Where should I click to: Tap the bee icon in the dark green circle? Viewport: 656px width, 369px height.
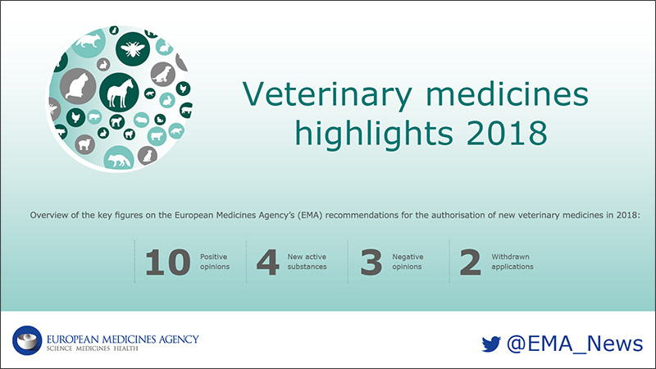[x=133, y=49]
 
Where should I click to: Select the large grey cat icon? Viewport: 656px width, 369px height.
[x=77, y=87]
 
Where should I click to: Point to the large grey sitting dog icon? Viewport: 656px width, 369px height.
[x=162, y=74]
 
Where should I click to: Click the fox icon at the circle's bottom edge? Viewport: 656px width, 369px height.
[x=119, y=159]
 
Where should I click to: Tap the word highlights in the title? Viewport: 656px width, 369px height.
[x=374, y=134]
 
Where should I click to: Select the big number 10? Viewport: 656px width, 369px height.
[x=168, y=262]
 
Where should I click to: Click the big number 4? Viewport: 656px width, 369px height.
[x=268, y=262]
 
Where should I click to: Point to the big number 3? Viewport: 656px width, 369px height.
[x=371, y=262]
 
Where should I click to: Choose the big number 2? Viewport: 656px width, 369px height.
[x=470, y=262]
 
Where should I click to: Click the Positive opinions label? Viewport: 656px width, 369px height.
[x=215, y=262]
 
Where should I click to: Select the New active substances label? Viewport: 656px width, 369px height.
[x=307, y=262]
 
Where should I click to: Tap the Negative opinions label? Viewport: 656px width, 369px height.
[x=408, y=262]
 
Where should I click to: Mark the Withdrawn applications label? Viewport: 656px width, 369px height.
[x=512, y=262]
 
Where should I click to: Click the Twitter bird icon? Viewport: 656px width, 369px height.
[x=491, y=344]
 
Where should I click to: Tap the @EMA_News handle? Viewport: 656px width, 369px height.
[x=575, y=344]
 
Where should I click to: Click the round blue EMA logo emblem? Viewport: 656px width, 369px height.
[x=27, y=340]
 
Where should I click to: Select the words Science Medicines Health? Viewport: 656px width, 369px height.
[x=92, y=348]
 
